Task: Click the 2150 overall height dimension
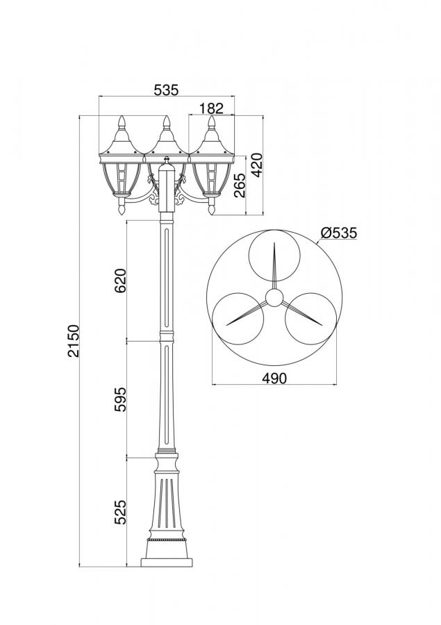click(x=74, y=341)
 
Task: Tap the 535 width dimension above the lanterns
click(x=166, y=90)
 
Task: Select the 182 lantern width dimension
click(x=211, y=108)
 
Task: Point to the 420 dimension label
click(x=257, y=165)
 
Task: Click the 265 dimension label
click(x=240, y=185)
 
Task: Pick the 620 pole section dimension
click(x=120, y=281)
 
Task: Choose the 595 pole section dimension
click(x=120, y=399)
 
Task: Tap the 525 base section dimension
click(x=120, y=512)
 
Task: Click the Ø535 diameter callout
click(x=339, y=233)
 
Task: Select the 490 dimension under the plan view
click(x=274, y=378)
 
